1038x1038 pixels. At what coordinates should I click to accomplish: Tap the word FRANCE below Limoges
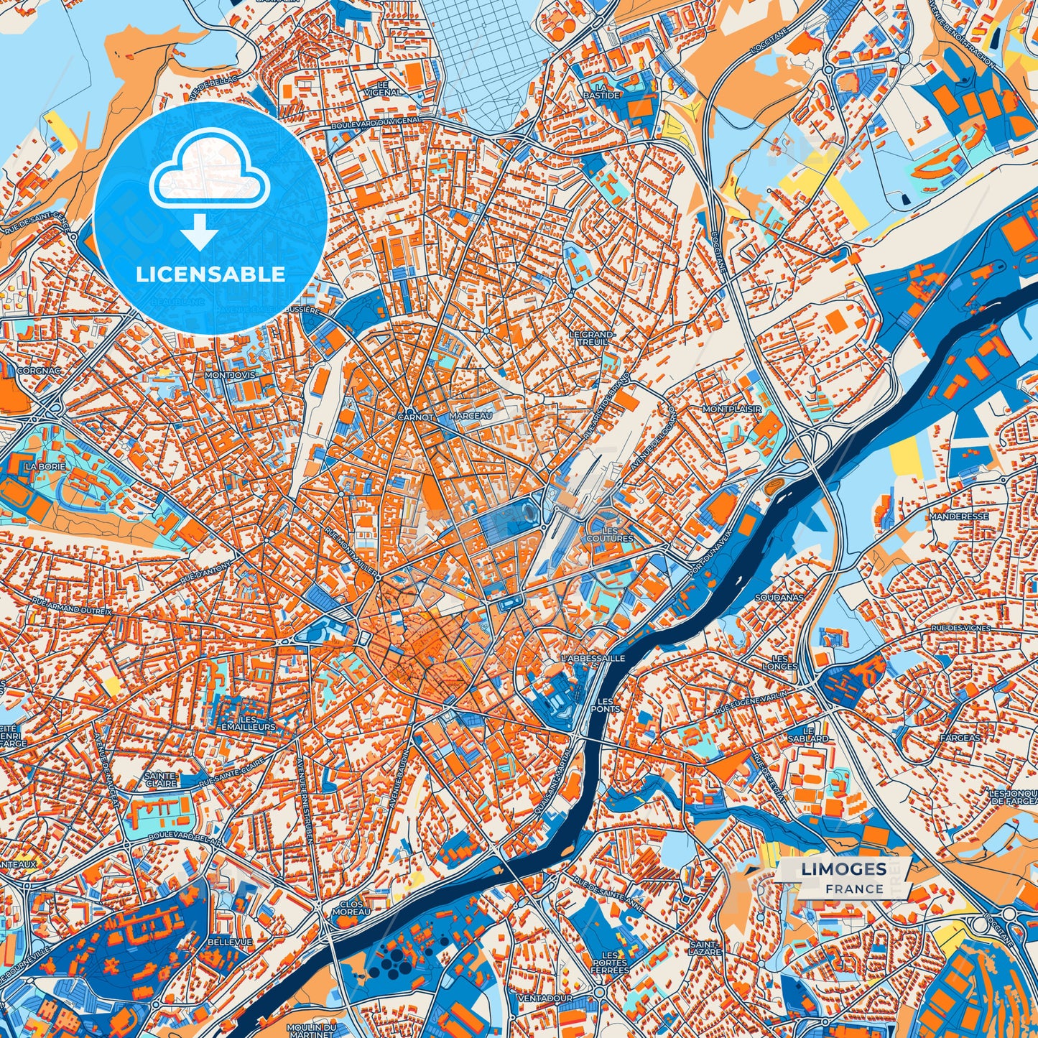click(x=854, y=889)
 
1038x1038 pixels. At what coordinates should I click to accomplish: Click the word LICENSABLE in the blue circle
click(x=211, y=274)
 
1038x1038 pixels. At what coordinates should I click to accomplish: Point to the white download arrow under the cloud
click(x=200, y=233)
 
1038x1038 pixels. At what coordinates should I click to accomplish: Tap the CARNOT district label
click(x=415, y=417)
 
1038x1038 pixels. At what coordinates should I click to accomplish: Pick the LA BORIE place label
click(x=45, y=466)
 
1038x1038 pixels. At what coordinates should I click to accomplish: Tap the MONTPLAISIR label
click(x=731, y=409)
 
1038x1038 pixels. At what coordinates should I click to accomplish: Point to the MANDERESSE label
click(x=958, y=516)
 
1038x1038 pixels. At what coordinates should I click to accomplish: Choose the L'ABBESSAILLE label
click(x=593, y=658)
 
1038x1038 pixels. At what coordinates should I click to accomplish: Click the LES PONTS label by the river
click(x=606, y=705)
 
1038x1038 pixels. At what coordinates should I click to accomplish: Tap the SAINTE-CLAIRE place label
click(x=161, y=779)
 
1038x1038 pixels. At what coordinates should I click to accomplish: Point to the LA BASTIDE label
click(x=601, y=91)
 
